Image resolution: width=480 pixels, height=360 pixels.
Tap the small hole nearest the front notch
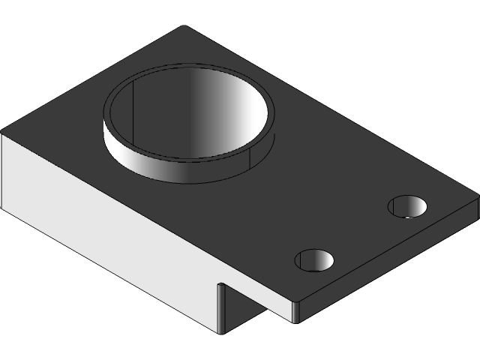(314, 259)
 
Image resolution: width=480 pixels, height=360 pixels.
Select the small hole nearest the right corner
(407, 205)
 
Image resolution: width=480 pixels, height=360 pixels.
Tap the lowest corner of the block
(218, 332)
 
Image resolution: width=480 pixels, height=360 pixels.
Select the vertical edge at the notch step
(218, 307)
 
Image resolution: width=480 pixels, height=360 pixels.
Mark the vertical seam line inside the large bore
(133, 112)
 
